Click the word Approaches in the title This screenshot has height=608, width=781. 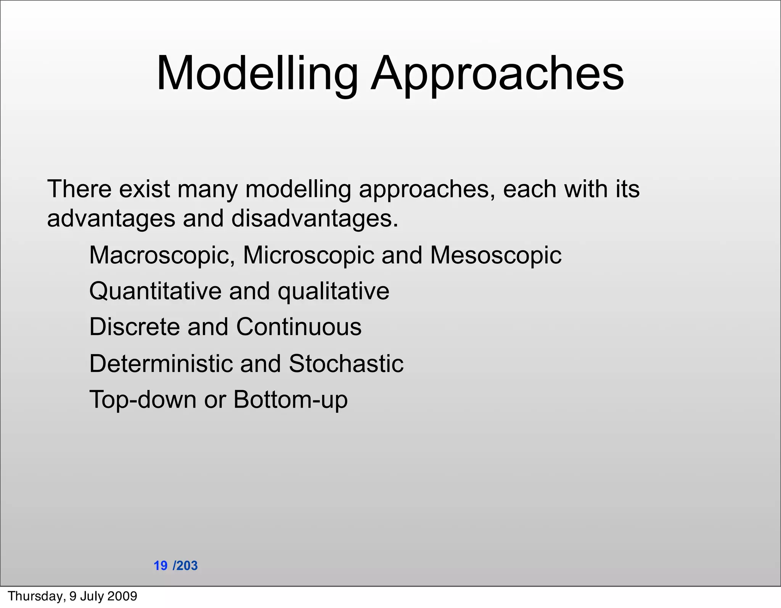point(497,74)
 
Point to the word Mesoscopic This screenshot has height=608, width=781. point(496,255)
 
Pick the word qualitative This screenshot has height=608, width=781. point(333,291)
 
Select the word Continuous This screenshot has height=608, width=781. point(299,327)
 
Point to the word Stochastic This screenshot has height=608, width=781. point(346,363)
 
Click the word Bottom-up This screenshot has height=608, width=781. point(290,400)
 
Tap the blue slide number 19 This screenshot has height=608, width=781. point(161,566)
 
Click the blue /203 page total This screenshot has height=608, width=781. point(185,566)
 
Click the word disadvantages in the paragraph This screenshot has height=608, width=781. point(315,219)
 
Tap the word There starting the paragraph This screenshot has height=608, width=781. point(79,189)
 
